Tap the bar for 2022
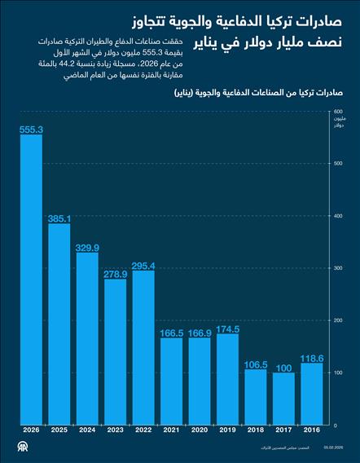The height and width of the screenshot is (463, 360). pos(143,347)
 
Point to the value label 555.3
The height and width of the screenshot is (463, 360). pos(31,129)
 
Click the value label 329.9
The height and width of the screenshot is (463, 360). pos(87,247)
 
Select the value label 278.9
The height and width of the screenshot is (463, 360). pos(116,274)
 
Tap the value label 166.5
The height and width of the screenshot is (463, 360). pos(171,333)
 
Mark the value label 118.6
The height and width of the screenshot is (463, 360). pos(312,358)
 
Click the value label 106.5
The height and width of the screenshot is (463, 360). pos(256,364)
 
